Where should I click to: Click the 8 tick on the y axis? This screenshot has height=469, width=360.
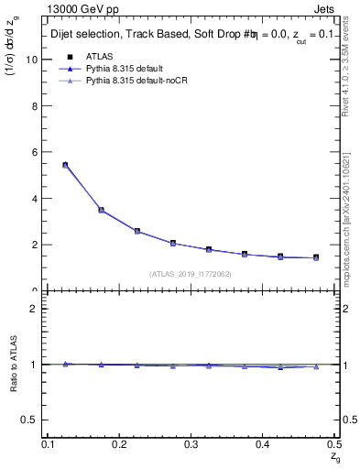36,106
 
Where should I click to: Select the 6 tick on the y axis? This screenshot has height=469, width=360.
36,152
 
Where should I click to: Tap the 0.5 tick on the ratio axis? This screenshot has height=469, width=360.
33,420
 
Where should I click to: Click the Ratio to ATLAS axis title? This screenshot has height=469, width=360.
16,364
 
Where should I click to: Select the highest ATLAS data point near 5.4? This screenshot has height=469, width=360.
65,165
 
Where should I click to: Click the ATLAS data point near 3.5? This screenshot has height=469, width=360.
102,210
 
